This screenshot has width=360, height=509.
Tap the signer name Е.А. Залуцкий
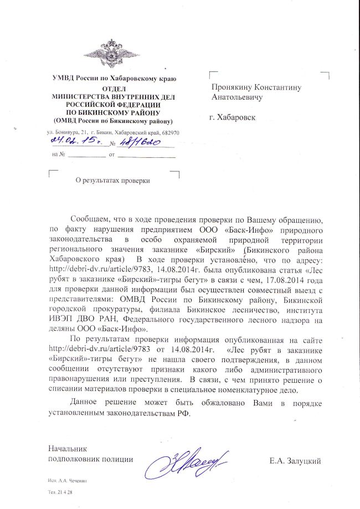pyautogui.click(x=296, y=460)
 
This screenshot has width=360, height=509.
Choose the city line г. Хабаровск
pyautogui.click(x=233, y=118)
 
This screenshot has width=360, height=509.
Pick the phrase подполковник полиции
pyautogui.click(x=91, y=459)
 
